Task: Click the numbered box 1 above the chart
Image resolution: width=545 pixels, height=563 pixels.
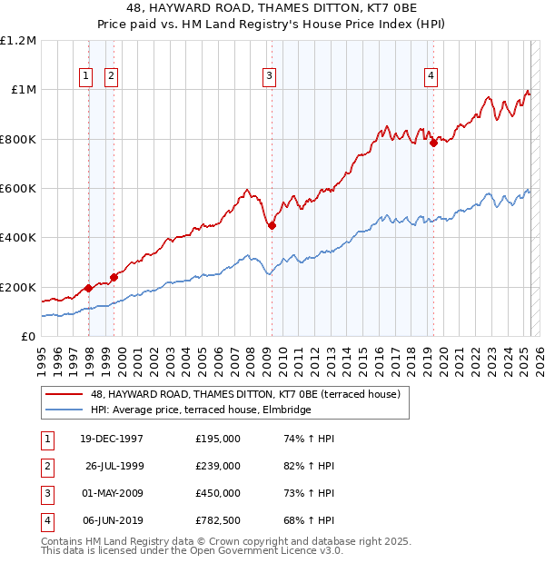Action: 86,77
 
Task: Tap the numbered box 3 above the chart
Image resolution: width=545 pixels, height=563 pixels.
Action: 270,77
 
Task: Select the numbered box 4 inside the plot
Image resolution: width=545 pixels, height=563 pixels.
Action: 430,77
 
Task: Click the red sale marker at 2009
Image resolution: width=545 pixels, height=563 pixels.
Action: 272,226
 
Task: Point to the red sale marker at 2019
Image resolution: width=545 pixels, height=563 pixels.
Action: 434,142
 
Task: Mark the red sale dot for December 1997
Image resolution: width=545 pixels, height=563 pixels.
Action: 89,288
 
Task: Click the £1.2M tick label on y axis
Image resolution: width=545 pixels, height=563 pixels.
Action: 18,41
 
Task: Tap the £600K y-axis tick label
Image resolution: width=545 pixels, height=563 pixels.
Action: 18,189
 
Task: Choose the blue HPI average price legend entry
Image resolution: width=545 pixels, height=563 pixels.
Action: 200,410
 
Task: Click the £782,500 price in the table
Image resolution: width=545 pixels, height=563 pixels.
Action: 217,520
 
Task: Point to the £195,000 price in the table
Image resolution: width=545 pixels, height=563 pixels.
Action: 217,439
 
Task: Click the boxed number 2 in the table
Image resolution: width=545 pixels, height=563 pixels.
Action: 45,467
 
